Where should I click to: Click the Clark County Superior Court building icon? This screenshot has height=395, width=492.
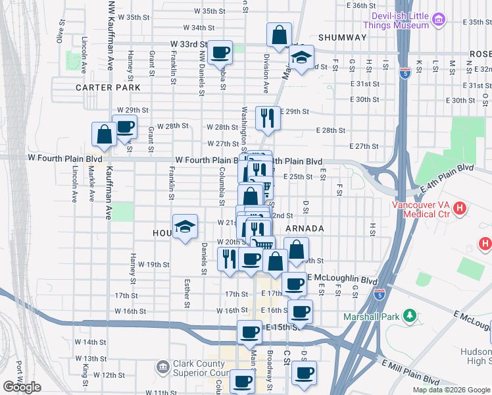[x=162, y=365]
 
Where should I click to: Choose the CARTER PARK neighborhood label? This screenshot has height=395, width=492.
[x=108, y=87]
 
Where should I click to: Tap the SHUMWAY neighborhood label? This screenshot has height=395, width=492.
[x=342, y=38]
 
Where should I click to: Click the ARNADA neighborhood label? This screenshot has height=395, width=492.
[x=305, y=228]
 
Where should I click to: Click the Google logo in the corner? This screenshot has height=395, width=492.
[x=22, y=387]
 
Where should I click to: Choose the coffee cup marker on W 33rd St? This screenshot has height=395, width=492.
[x=220, y=52]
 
